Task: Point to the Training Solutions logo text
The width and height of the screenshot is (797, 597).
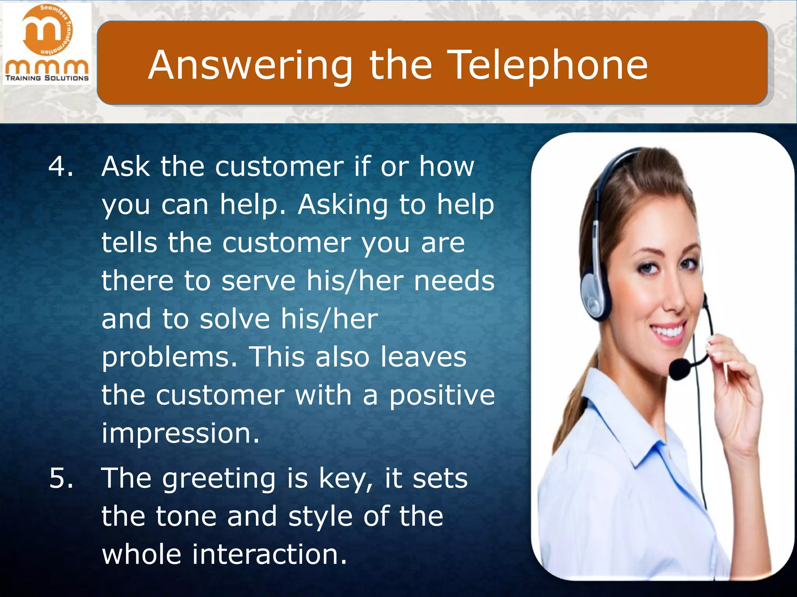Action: tap(47, 78)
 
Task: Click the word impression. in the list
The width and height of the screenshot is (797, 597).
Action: tap(180, 433)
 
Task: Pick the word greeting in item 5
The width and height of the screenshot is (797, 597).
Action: tap(219, 479)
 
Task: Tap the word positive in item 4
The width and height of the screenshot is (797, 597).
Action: tap(442, 396)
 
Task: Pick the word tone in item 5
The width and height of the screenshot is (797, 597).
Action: tap(186, 517)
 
